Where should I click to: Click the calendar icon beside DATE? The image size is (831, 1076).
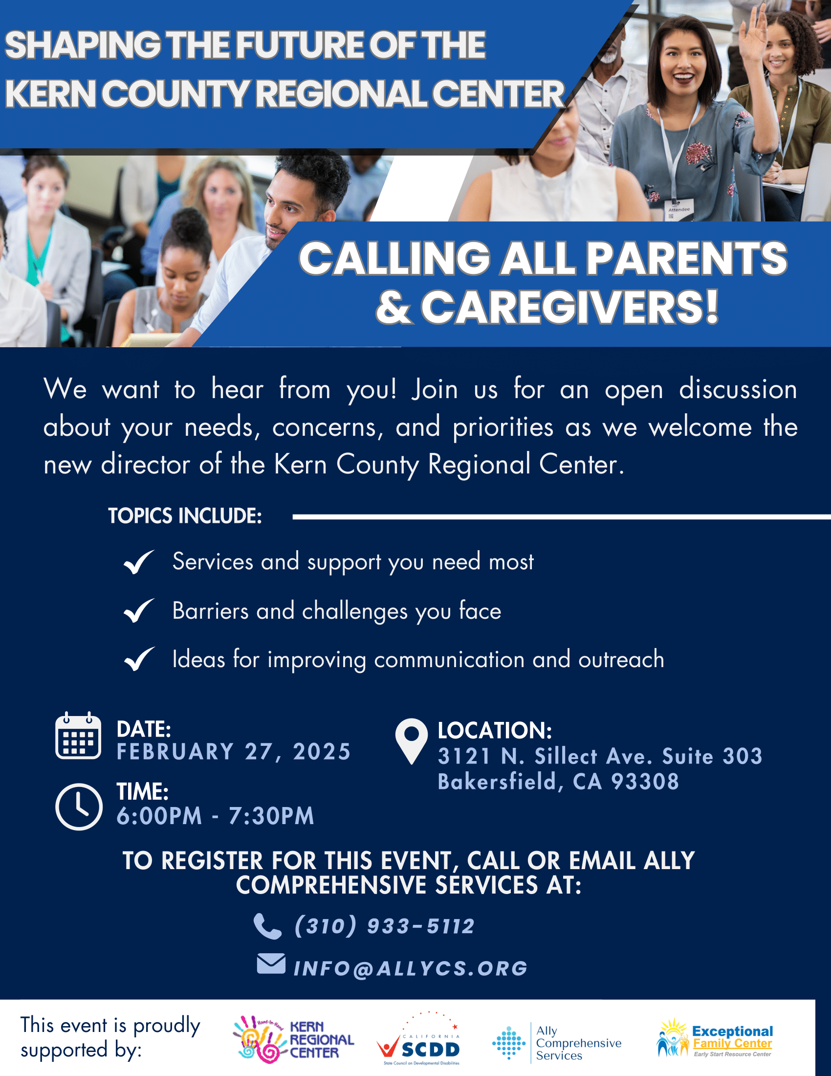[78, 736]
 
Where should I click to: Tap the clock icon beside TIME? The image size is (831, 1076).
[79, 807]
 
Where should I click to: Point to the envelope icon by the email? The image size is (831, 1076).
[271, 964]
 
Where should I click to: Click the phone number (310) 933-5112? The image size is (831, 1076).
[385, 926]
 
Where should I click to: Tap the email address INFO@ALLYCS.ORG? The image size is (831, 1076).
[411, 968]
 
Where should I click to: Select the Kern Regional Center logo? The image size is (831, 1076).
[293, 1039]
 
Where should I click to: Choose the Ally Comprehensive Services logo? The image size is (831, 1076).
[557, 1043]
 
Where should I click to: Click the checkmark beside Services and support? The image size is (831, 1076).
[139, 562]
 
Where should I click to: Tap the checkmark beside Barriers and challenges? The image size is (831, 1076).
[139, 611]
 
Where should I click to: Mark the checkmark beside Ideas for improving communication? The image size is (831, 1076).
[139, 659]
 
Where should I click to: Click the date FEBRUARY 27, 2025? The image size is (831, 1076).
[233, 752]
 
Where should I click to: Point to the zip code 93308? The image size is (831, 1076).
[645, 782]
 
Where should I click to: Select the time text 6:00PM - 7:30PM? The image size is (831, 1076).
[215, 816]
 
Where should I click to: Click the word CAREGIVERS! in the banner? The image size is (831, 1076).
[569, 308]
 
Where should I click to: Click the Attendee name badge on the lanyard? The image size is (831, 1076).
[679, 209]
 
